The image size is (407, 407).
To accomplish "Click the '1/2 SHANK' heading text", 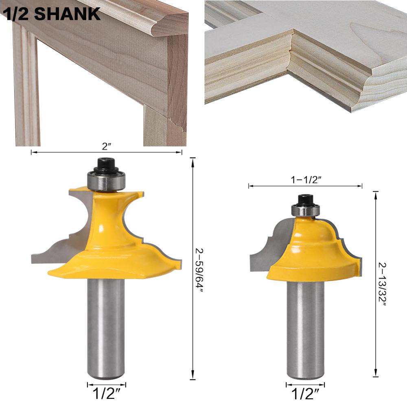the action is [x=53, y=14].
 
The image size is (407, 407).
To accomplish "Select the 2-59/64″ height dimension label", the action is [x=199, y=270].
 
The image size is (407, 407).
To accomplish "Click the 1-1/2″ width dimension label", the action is [x=306, y=179].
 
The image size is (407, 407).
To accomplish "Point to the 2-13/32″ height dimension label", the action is [x=382, y=284].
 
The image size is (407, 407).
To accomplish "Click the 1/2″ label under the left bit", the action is [x=106, y=394].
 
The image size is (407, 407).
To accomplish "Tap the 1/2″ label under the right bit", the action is [x=305, y=394].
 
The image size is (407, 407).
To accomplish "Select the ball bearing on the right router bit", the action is [x=305, y=210].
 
